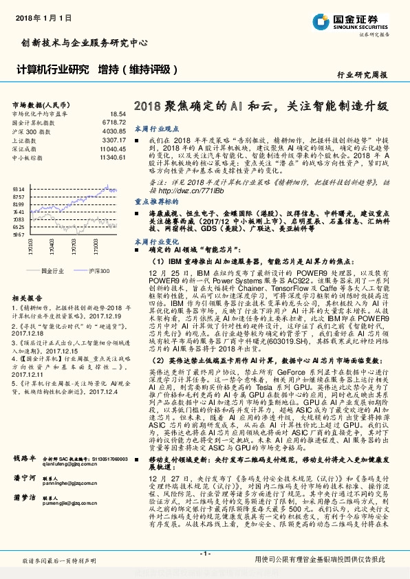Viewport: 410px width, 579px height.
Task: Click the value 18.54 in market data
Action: click(x=117, y=113)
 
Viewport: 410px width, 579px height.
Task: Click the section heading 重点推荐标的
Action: click(x=156, y=203)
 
